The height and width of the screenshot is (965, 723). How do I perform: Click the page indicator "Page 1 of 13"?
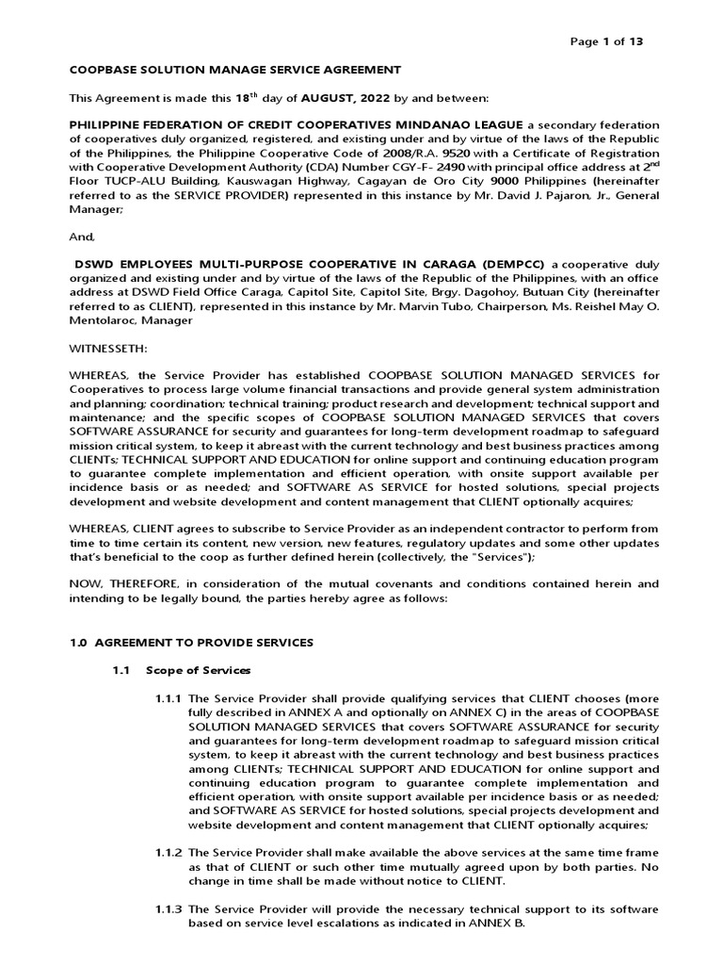[608, 41]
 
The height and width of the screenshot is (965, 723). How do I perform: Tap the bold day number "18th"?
[245, 97]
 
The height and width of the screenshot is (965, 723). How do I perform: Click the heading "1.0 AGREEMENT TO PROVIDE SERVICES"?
[191, 642]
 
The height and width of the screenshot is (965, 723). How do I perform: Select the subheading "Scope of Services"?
[199, 670]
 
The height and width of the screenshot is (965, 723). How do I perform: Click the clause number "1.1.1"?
[169, 697]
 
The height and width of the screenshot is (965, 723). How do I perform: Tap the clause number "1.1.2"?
[169, 853]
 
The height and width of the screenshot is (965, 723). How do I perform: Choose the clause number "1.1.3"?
[169, 909]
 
